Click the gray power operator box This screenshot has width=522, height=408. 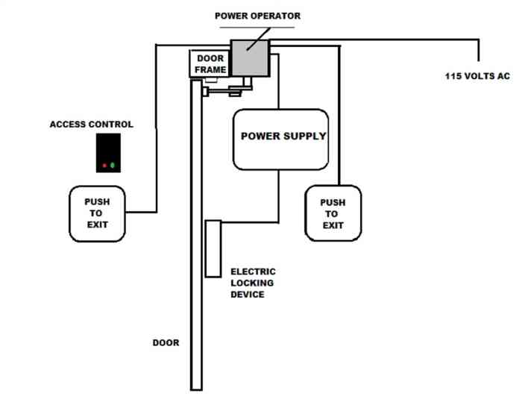tap(251, 57)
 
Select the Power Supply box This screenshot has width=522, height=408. tap(281, 139)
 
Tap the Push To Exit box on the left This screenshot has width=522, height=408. tap(97, 213)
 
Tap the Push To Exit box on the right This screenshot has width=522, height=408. tap(333, 213)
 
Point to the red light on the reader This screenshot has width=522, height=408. tap(104, 165)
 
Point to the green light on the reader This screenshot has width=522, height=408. tap(113, 165)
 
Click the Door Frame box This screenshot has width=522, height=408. tap(210, 64)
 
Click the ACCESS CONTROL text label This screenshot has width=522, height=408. tap(92, 125)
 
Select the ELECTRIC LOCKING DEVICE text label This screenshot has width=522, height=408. tap(253, 283)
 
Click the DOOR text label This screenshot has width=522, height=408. tap(166, 343)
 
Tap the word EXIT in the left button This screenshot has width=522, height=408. tap(97, 224)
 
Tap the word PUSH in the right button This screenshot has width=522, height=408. tap(333, 202)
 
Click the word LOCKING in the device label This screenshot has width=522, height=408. tap(253, 283)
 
